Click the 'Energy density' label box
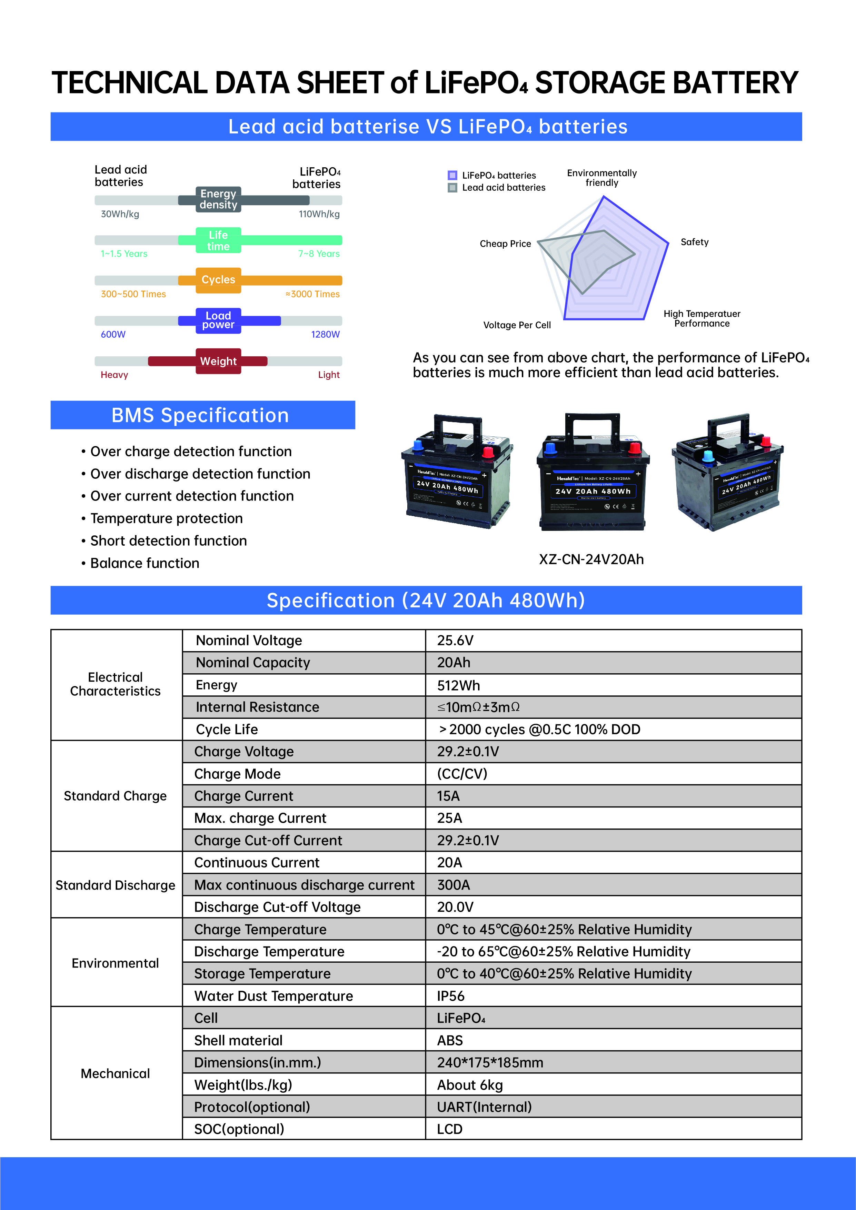click(x=218, y=199)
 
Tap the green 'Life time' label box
click(x=218, y=240)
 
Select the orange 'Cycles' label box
click(x=218, y=280)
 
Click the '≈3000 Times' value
click(x=312, y=294)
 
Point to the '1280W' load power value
click(x=325, y=335)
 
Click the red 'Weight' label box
click(x=218, y=361)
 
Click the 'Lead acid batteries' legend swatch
click(x=452, y=188)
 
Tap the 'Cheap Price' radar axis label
click(x=505, y=244)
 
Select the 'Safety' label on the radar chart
click(x=694, y=242)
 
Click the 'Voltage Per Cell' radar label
click(x=517, y=325)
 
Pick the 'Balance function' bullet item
click(x=145, y=563)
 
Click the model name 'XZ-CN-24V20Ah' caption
click(x=591, y=560)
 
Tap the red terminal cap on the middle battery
click(x=634, y=448)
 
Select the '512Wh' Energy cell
click(x=458, y=685)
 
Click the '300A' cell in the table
click(x=453, y=885)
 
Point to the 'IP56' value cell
click(x=451, y=996)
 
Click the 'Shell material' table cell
click(x=238, y=1040)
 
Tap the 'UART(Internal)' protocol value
click(x=484, y=1107)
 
